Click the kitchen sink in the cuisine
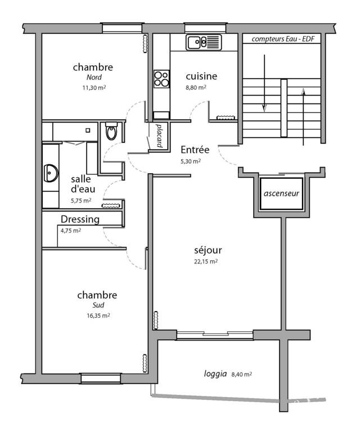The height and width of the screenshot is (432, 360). click(204, 42)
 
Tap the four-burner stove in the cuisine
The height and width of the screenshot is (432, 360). click(161, 79)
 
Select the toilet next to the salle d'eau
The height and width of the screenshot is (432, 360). click(111, 131)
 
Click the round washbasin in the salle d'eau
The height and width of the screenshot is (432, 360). click(51, 173)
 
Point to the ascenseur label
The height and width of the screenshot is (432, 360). click(281, 193)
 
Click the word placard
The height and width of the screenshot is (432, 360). click(159, 135)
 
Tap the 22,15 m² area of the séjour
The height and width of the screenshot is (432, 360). click(206, 262)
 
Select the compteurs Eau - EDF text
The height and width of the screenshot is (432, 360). click(283, 39)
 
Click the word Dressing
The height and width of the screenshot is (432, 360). click(80, 219)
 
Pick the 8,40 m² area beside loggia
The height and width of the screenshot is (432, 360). click(241, 374)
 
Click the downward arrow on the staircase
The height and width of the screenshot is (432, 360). click(264, 83)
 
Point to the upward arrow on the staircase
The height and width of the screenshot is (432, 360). click(304, 117)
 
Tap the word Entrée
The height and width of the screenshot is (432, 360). click(195, 150)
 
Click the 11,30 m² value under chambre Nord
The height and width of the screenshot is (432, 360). click(94, 88)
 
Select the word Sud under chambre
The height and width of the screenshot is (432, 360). click(98, 305)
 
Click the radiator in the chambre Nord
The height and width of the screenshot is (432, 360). click(145, 43)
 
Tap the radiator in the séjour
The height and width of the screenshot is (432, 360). click(156, 320)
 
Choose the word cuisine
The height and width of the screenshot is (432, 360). click(201, 76)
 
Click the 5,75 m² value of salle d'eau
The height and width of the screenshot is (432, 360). click(81, 201)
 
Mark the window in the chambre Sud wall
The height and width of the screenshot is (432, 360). click(101, 378)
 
